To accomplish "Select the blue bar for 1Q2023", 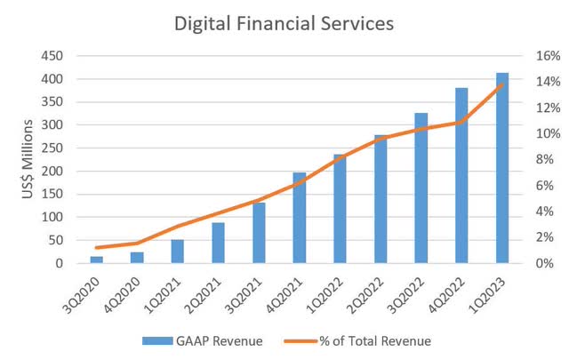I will click(501, 168).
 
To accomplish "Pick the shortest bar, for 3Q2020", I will click(96, 260).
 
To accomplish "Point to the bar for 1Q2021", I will click(177, 252).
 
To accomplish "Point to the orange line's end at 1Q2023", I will click(501, 85).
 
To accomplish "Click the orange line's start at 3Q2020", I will click(96, 248).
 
